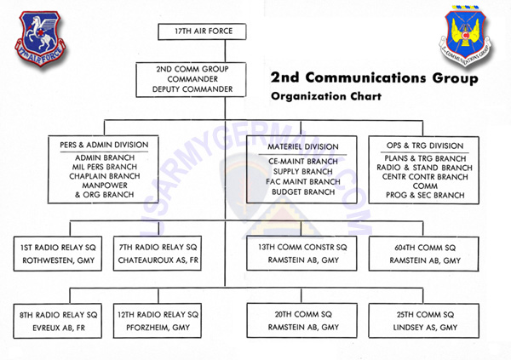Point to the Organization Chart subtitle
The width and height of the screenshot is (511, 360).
[326, 95]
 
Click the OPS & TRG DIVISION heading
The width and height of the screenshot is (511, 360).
[419, 146]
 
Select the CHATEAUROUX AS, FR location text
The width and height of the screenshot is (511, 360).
[158, 260]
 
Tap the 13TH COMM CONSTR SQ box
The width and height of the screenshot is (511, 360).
[302, 254]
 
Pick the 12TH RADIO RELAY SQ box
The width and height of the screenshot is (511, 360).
[158, 320]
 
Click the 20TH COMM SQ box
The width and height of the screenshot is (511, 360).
[302, 320]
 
